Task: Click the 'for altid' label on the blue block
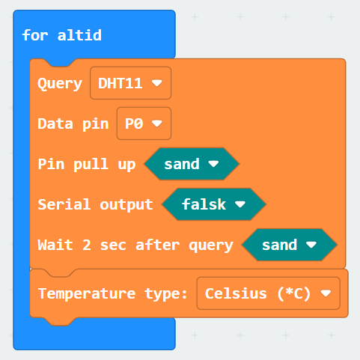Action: [62, 35]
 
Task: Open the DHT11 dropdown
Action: [130, 83]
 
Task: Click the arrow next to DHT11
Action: [157, 83]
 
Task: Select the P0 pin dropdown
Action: [144, 123]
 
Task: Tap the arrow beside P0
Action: [157, 123]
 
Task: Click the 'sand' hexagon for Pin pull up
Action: [192, 164]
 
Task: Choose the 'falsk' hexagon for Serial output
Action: [214, 204]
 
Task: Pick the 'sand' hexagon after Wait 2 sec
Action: [290, 245]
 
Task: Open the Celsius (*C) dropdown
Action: [268, 293]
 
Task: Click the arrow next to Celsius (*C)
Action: [326, 293]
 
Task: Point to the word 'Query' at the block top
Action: [60, 84]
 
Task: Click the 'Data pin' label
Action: [73, 123]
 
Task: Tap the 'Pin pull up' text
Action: [87, 165]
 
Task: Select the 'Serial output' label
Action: [95, 204]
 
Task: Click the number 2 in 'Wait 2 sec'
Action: [87, 245]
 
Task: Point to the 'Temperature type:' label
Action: [112, 293]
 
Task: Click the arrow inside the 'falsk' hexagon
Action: [240, 204]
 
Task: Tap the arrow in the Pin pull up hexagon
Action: [213, 164]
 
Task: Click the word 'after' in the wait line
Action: [158, 245]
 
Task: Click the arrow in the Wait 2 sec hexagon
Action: [311, 245]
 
